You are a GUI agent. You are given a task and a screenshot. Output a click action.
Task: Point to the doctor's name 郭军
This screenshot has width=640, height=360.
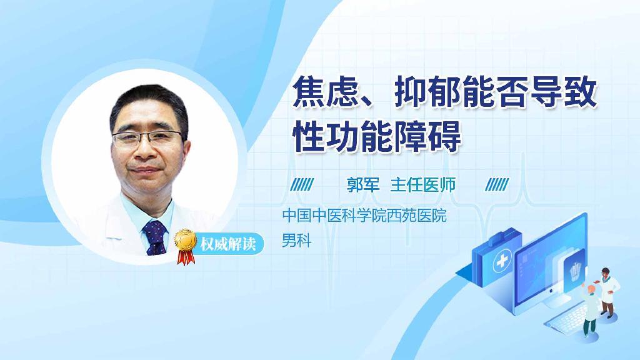[x=363, y=184]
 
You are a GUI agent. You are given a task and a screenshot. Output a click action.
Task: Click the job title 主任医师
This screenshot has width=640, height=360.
[x=423, y=184]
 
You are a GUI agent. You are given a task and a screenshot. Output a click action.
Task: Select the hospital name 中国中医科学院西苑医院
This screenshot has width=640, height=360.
[x=364, y=216]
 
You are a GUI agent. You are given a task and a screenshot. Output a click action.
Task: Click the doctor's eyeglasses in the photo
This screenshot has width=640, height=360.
[x=149, y=137]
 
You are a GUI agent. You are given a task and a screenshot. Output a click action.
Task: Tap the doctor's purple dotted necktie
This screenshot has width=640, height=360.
[x=154, y=237]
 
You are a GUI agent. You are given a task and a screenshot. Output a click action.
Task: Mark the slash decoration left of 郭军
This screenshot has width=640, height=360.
[x=303, y=184]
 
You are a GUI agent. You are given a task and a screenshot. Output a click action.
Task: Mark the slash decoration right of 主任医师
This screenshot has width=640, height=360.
[x=497, y=184]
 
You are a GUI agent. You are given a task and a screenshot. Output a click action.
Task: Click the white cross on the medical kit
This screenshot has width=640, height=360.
[x=502, y=264]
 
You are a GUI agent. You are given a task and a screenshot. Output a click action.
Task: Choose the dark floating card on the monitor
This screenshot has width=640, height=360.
[x=576, y=269]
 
